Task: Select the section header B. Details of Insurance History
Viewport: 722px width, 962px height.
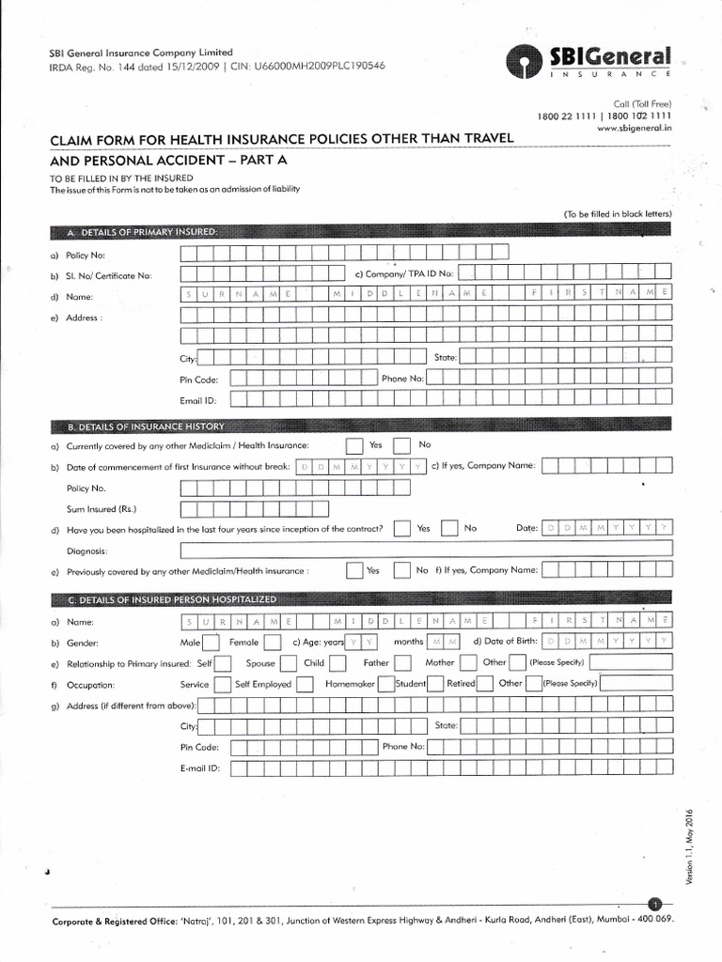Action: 146,427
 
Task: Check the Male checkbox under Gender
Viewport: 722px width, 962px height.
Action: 212,643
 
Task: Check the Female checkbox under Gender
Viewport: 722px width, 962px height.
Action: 272,643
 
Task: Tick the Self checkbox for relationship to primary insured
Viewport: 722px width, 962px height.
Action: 223,663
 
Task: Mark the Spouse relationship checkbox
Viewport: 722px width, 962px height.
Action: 290,663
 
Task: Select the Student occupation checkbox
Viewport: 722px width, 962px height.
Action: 436,684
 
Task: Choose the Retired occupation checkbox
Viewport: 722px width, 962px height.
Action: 488,684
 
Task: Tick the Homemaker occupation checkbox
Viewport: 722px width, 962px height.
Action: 385,684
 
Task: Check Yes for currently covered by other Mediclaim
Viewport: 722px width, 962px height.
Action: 354,445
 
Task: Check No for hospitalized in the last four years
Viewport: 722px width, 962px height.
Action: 450,529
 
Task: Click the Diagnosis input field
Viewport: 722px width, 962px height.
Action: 427,551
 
